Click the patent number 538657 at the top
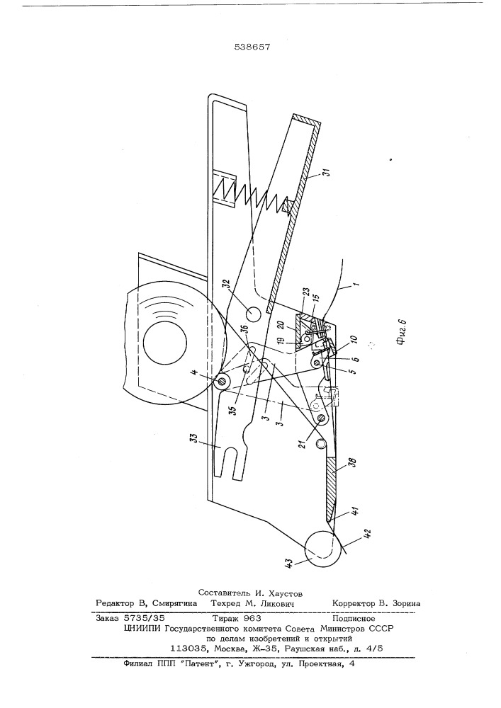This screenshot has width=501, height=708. point(252,47)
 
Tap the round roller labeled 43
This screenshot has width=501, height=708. point(322,549)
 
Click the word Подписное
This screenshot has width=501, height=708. point(353,617)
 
